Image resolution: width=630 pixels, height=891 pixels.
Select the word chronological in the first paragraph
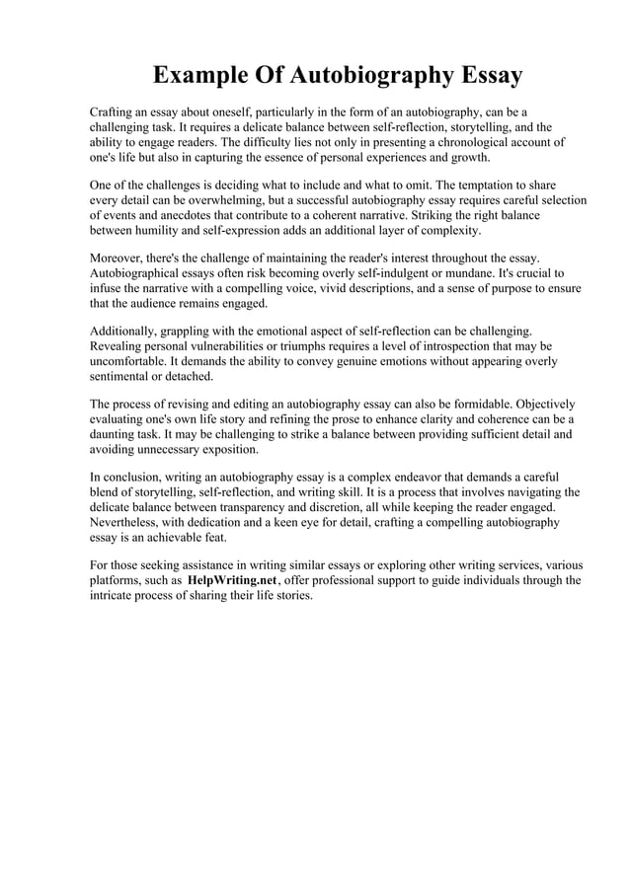coord(477,142)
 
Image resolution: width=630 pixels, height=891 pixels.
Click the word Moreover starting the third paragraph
coord(120,259)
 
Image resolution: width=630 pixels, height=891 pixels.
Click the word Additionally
coord(127,332)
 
